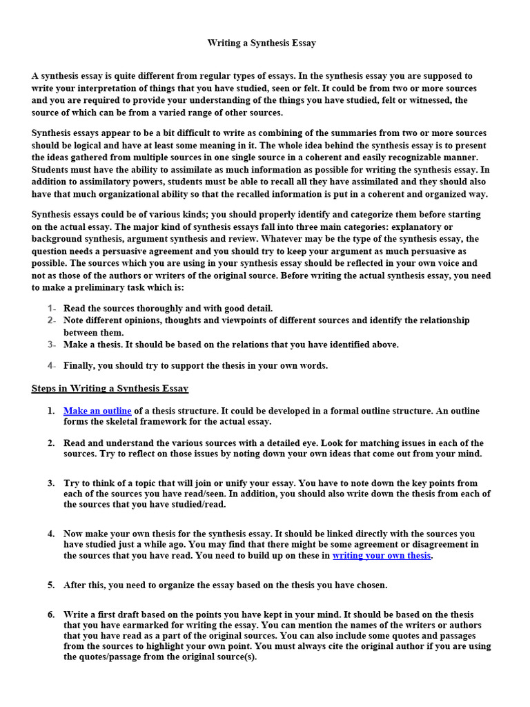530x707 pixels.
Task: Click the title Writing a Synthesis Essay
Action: pyautogui.click(x=262, y=43)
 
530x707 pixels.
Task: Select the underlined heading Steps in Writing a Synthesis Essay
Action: pyautogui.click(x=110, y=389)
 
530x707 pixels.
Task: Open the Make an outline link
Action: pyautogui.click(x=97, y=411)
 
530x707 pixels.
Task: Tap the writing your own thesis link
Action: pyautogui.click(x=382, y=555)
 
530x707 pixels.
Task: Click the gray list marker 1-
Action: pyautogui.click(x=52, y=309)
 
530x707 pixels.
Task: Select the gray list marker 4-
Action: pyautogui.click(x=52, y=365)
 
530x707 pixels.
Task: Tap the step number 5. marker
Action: pyautogui.click(x=51, y=585)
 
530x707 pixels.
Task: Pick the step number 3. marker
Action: pyautogui.click(x=51, y=483)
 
